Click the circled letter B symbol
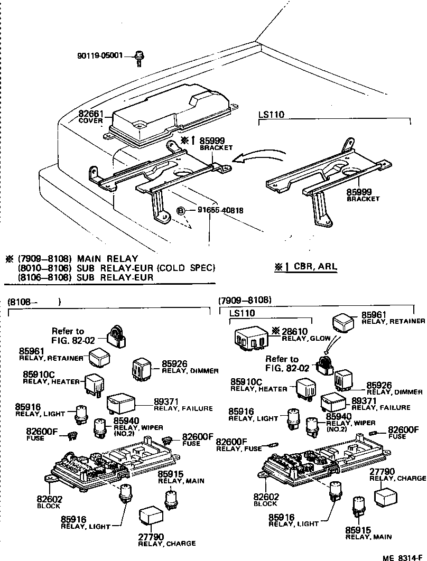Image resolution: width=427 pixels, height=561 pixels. point(181,210)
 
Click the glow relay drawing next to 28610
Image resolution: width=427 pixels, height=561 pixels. point(252,339)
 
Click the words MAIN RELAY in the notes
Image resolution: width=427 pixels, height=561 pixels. point(107,259)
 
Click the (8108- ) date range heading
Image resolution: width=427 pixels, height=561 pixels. point(34,302)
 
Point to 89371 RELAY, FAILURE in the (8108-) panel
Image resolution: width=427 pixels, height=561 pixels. point(183,404)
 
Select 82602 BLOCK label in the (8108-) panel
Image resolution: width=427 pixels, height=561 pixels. point(49,502)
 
